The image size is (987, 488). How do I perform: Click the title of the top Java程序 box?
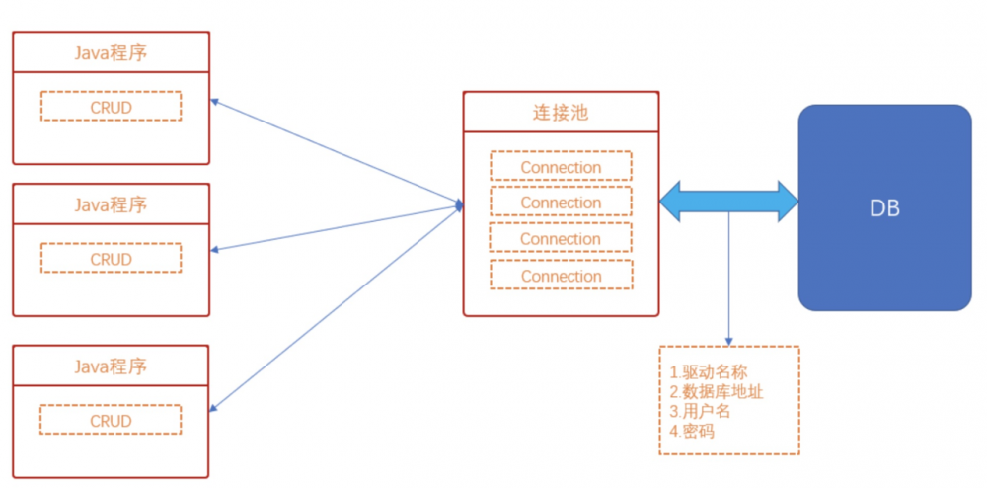111,52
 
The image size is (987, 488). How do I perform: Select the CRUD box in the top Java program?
111,107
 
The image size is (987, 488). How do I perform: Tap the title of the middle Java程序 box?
111,204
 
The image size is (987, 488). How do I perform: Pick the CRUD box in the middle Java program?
111,259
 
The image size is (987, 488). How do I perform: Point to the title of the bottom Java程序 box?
111,366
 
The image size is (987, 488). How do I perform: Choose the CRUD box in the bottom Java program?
111,421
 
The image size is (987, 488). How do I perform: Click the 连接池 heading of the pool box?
560,112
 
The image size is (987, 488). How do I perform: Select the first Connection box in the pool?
561,167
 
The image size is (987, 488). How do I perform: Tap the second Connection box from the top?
561,203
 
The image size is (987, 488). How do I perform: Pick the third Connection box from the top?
561,239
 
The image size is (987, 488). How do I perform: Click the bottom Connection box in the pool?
561,276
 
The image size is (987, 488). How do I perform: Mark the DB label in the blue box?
884,208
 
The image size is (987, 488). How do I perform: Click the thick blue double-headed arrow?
728,201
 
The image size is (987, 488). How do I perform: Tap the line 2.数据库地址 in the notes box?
716,392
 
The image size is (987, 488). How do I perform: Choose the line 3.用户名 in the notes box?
700,411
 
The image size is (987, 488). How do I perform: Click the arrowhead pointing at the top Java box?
216,101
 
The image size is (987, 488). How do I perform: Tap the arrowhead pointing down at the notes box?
729,341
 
